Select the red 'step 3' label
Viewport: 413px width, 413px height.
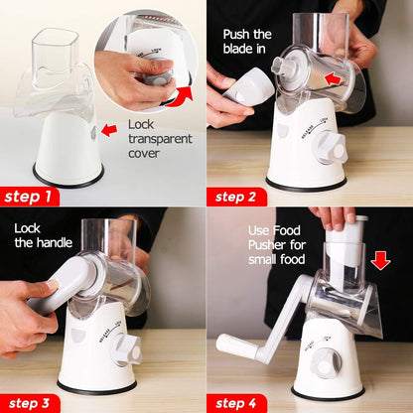[x=31, y=401]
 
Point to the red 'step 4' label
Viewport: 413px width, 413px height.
[x=239, y=401]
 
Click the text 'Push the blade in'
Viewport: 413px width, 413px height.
[x=257, y=49]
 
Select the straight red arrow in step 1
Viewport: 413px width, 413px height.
[x=109, y=129]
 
